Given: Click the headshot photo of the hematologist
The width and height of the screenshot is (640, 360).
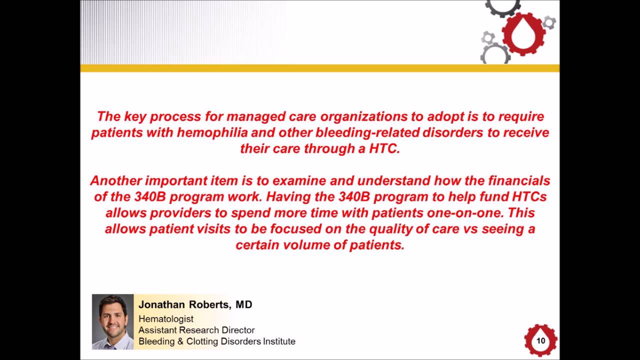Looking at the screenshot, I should pos(112,321).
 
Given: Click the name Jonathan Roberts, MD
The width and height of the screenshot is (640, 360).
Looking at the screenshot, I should pos(195,304).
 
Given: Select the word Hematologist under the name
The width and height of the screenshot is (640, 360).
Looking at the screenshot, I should pos(166,318).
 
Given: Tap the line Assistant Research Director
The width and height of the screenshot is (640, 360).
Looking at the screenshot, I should pos(196,330).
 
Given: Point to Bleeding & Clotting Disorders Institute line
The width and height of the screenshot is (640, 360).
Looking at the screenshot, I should pos(217,341).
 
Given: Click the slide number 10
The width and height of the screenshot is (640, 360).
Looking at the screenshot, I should pos(540,341).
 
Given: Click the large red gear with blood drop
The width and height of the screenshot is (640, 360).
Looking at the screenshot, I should pos(523,34).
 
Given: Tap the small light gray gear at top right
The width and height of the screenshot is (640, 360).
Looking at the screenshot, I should pos(549,22).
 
